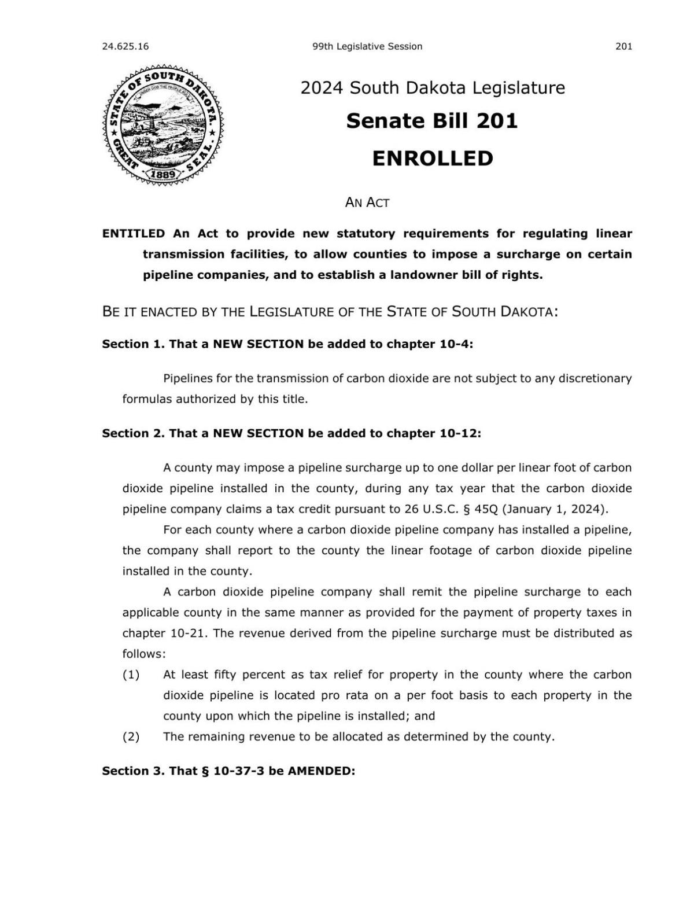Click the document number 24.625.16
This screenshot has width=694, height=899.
coord(125,46)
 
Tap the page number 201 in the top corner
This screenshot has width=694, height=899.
coord(623,46)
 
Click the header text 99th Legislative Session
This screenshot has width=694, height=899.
coord(367,46)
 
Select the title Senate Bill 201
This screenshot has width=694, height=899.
coord(432,121)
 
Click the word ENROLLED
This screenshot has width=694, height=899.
coord(432,159)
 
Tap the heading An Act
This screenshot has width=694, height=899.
coord(367,202)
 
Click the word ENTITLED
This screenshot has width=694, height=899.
coord(133,234)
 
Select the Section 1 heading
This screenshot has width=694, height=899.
coord(287,344)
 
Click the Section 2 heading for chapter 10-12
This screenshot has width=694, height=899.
coord(291,433)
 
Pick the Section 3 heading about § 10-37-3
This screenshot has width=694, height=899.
coord(228,771)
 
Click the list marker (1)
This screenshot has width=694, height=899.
coord(131,675)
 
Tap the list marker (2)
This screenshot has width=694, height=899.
coord(131,736)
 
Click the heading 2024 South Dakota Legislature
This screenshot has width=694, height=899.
coord(432,88)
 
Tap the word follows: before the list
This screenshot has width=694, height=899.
coord(143,654)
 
